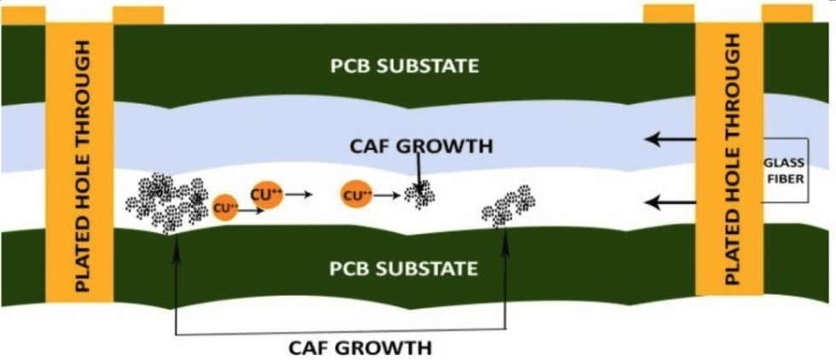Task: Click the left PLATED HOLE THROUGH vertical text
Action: [83, 162]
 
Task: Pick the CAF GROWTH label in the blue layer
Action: [421, 146]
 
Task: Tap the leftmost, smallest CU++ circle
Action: [225, 207]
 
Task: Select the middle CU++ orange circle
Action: [266, 195]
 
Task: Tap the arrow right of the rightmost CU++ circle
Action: [388, 195]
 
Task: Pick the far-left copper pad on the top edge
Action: [22, 15]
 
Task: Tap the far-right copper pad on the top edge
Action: [787, 13]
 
